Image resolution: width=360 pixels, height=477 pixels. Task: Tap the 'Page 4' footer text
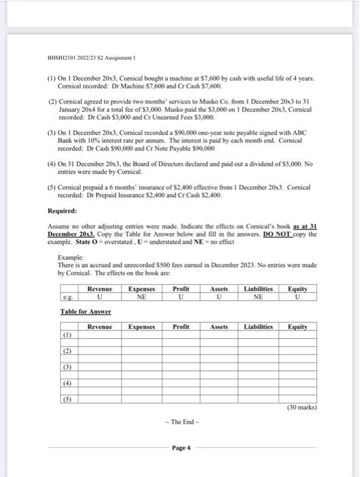pyautogui.click(x=179, y=448)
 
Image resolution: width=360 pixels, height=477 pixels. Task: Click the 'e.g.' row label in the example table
pyautogui.click(x=65, y=297)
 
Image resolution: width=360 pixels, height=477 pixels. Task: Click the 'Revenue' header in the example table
pyautogui.click(x=100, y=289)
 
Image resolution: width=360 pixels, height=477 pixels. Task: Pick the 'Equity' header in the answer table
pyautogui.click(x=297, y=326)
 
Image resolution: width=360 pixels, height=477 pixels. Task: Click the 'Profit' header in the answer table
pyautogui.click(x=181, y=326)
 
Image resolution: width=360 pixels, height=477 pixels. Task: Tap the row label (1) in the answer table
pyautogui.click(x=67, y=336)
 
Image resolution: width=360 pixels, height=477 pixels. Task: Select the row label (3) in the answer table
pyautogui.click(x=67, y=367)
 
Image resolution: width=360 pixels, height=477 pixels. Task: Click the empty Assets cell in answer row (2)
pyautogui.click(x=219, y=352)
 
